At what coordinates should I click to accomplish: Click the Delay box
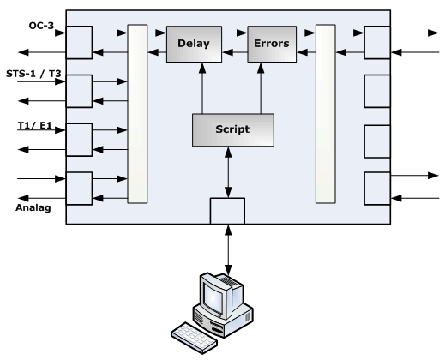tap(194, 44)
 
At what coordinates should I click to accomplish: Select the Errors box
tap(272, 44)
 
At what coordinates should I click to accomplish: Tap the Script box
tap(233, 130)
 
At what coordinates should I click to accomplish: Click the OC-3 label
tap(41, 26)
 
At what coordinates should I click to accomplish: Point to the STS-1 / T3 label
tap(33, 74)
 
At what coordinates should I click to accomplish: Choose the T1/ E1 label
tap(35, 125)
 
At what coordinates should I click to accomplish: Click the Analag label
tap(33, 207)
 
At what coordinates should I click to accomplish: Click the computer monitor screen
tap(213, 299)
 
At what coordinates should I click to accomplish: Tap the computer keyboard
tap(194, 338)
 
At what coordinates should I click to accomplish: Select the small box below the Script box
tap(227, 211)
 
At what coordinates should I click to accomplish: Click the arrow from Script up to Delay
tap(202, 88)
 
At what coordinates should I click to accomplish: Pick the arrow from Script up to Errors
tap(261, 88)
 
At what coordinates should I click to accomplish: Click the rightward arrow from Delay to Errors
tap(235, 33)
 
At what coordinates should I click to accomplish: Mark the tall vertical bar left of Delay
tap(137, 114)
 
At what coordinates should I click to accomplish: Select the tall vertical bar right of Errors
tap(326, 114)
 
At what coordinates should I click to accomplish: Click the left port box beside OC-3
tap(79, 43)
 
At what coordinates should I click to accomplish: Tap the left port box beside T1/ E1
tap(79, 140)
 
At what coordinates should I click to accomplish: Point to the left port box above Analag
tap(79, 189)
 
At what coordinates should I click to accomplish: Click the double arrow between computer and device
tap(228, 249)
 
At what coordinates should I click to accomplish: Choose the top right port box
tap(377, 43)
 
